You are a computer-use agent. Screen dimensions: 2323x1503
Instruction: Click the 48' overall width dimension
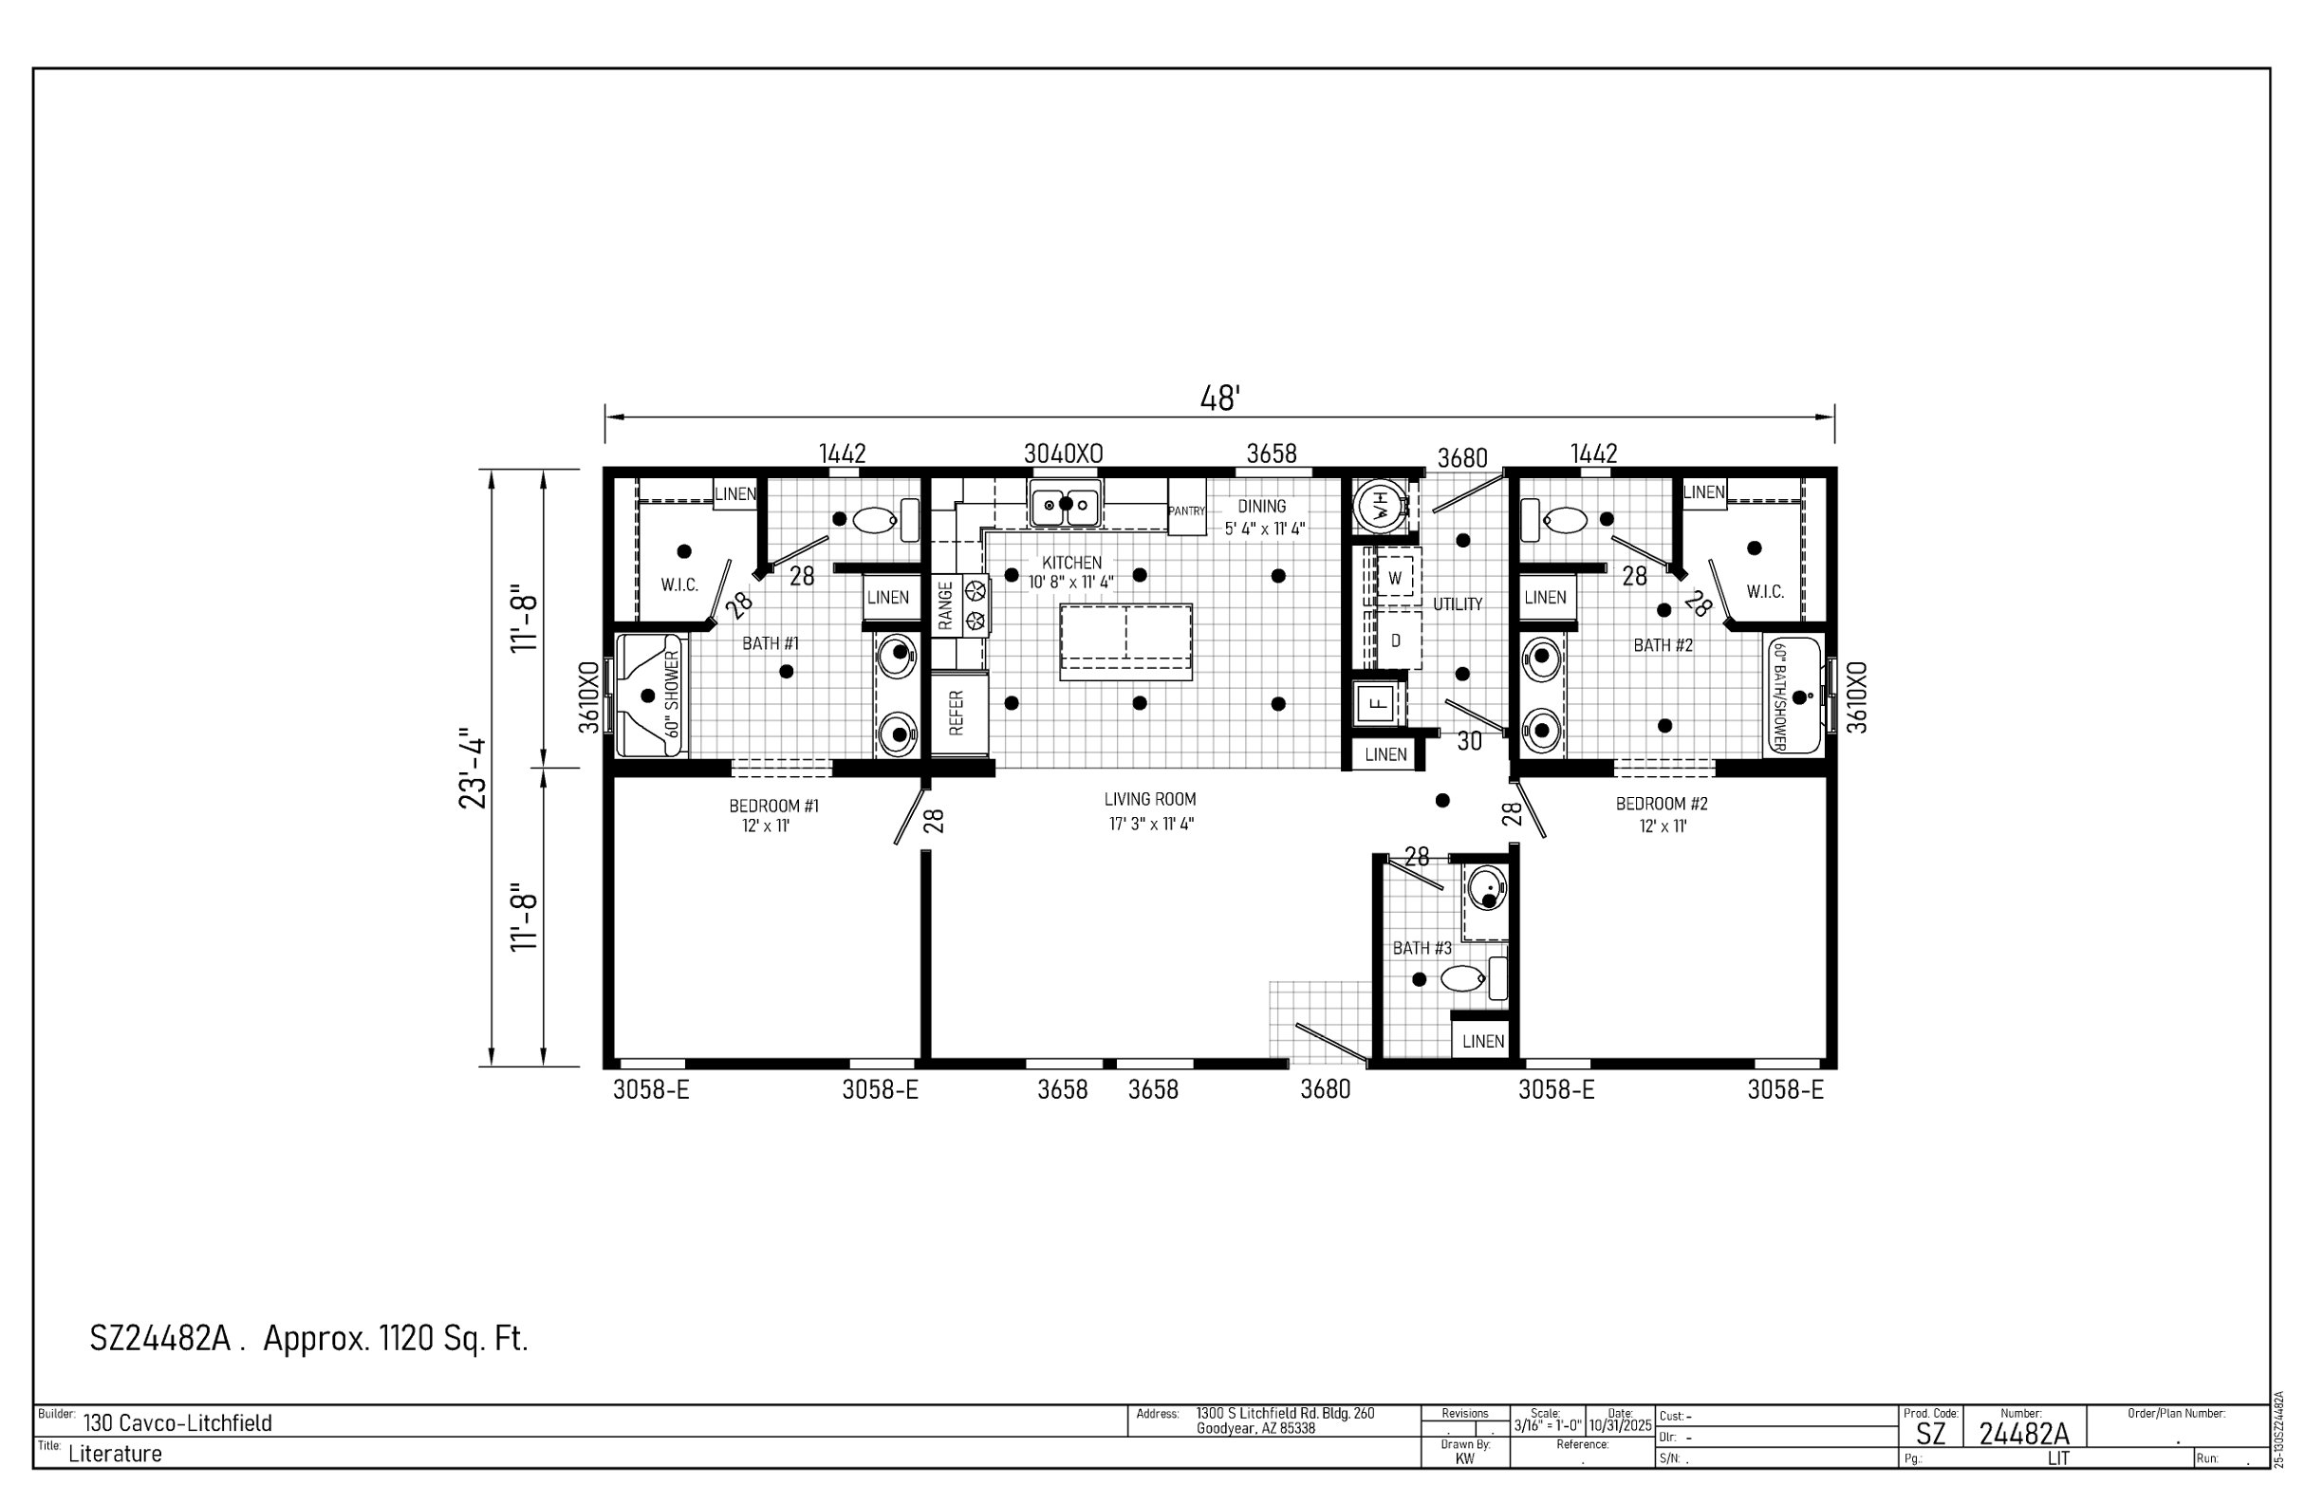[1220, 399]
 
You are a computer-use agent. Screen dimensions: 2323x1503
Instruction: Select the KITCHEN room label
[1071, 563]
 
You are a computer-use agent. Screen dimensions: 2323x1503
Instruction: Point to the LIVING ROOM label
[1150, 799]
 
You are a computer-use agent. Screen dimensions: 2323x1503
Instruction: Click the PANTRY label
[1187, 511]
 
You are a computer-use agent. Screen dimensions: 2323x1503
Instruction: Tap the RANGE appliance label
[946, 605]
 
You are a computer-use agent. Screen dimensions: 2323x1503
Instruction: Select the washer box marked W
[1395, 578]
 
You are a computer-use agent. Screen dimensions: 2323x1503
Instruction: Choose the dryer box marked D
[1396, 641]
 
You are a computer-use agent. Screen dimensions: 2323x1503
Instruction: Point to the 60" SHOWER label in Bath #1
[672, 694]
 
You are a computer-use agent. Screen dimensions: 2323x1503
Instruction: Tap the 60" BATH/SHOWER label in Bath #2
[1778, 696]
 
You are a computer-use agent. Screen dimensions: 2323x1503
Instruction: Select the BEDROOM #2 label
[1663, 805]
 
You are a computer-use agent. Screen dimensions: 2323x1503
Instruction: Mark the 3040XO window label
[1063, 454]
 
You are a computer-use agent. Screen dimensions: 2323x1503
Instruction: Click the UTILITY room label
[1458, 605]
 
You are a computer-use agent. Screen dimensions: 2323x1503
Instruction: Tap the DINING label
[1262, 507]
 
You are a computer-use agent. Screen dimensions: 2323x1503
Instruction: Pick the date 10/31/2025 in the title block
[1620, 1426]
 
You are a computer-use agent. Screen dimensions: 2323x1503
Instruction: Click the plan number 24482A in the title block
[2024, 1434]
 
